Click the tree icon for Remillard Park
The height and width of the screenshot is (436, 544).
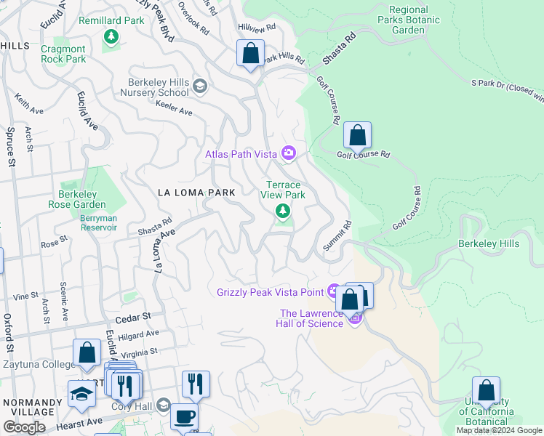point(111,36)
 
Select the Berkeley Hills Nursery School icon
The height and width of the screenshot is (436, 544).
point(200,88)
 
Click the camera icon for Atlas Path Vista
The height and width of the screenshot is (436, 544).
point(289,153)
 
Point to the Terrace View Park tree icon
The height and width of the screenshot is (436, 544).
point(282,211)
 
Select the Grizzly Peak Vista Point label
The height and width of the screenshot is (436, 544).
point(270,292)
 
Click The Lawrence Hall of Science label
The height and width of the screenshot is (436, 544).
point(311,318)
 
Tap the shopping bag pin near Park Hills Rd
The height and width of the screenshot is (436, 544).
point(250,54)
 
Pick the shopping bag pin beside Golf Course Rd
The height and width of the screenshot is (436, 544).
point(357,136)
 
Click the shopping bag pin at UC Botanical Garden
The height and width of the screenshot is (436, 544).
point(486,391)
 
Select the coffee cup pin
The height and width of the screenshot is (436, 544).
point(184,418)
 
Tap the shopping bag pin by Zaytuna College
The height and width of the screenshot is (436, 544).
point(87,353)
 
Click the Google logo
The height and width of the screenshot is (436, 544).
point(24,427)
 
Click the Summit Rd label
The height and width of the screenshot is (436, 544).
point(338,237)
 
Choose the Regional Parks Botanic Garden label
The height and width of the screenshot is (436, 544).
point(408,20)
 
